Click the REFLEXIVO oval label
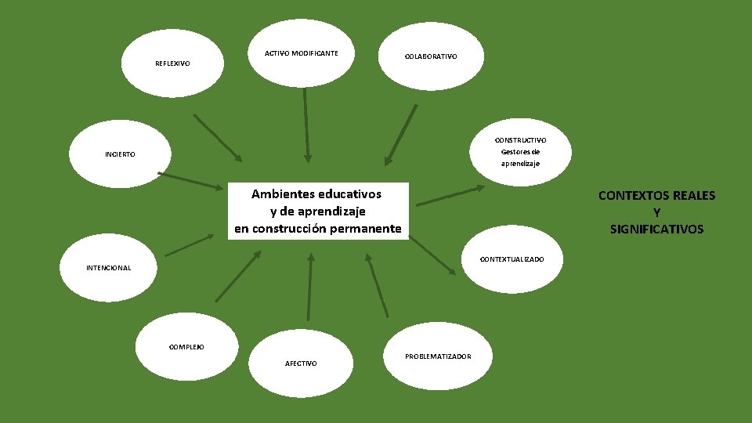172,63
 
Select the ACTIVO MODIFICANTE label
302,53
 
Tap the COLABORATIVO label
431,56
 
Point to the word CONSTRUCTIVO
520,139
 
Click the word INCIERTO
120,154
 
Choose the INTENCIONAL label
108,268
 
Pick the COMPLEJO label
187,347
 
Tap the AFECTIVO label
302,363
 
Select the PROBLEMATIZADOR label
438,356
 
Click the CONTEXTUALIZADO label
512,258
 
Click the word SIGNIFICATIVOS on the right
656,230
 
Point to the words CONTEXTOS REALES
656,196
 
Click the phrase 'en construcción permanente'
317,229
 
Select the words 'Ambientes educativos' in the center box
316,193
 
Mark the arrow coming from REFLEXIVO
218,138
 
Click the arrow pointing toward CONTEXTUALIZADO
432,255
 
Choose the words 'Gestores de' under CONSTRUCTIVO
520,152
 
